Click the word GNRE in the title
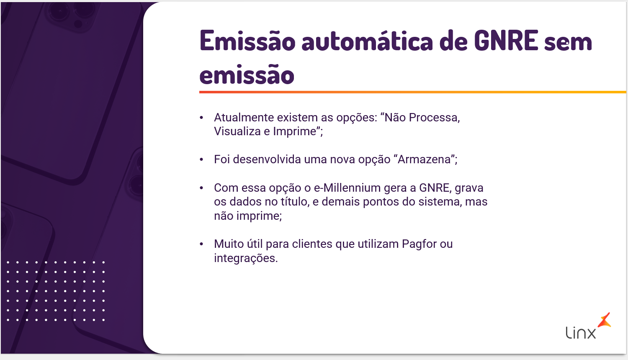click(506, 41)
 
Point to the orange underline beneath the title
click(413, 92)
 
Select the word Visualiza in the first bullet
click(237, 131)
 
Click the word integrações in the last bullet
click(246, 258)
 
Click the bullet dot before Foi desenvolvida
click(201, 159)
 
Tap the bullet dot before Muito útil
click(201, 244)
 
